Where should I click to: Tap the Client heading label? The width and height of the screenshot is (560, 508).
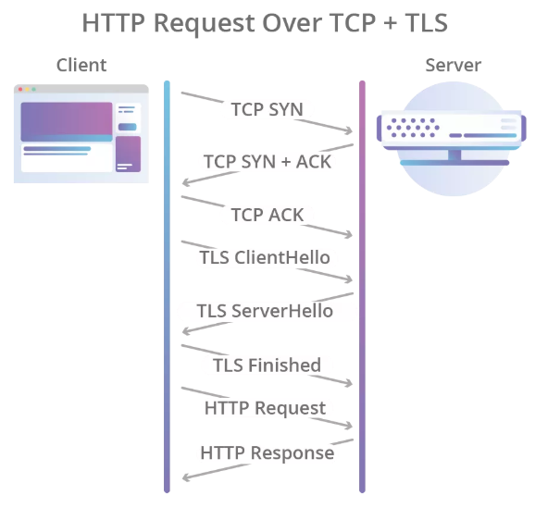(81, 65)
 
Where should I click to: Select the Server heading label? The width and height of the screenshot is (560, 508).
(454, 65)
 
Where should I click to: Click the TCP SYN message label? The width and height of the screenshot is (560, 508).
(268, 109)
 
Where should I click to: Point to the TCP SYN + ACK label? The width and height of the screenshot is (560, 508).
(268, 162)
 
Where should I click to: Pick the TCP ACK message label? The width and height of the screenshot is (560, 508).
(268, 215)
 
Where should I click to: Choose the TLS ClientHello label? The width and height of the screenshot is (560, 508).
(265, 257)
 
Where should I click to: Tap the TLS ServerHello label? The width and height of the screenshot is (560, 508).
(265, 311)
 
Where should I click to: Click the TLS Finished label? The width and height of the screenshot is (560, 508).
(267, 366)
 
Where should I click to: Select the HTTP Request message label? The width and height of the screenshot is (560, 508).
(265, 408)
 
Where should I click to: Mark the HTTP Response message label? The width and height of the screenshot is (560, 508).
(268, 453)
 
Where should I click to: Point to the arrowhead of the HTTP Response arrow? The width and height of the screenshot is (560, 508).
(185, 477)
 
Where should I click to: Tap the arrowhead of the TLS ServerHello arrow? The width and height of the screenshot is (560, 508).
(185, 331)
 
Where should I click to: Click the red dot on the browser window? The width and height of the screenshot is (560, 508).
(20, 89)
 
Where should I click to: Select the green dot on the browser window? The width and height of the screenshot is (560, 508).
(34, 89)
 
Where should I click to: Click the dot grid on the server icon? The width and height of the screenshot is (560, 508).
(413, 128)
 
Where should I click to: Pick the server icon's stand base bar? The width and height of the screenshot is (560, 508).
(454, 163)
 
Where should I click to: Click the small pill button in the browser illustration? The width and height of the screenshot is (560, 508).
(127, 127)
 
